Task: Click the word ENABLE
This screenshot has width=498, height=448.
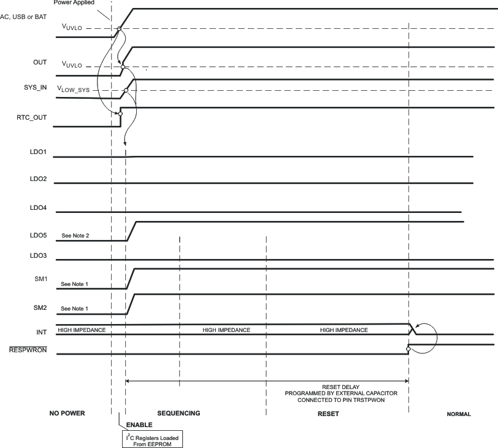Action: [139, 425]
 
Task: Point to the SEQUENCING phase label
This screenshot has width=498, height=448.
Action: [178, 414]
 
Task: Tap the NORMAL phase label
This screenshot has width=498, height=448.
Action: [458, 414]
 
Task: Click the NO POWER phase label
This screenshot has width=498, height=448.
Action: [67, 414]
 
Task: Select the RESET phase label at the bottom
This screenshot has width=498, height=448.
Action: [328, 414]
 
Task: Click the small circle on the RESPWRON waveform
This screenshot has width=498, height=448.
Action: [408, 349]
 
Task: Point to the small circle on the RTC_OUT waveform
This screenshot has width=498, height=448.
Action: [120, 114]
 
